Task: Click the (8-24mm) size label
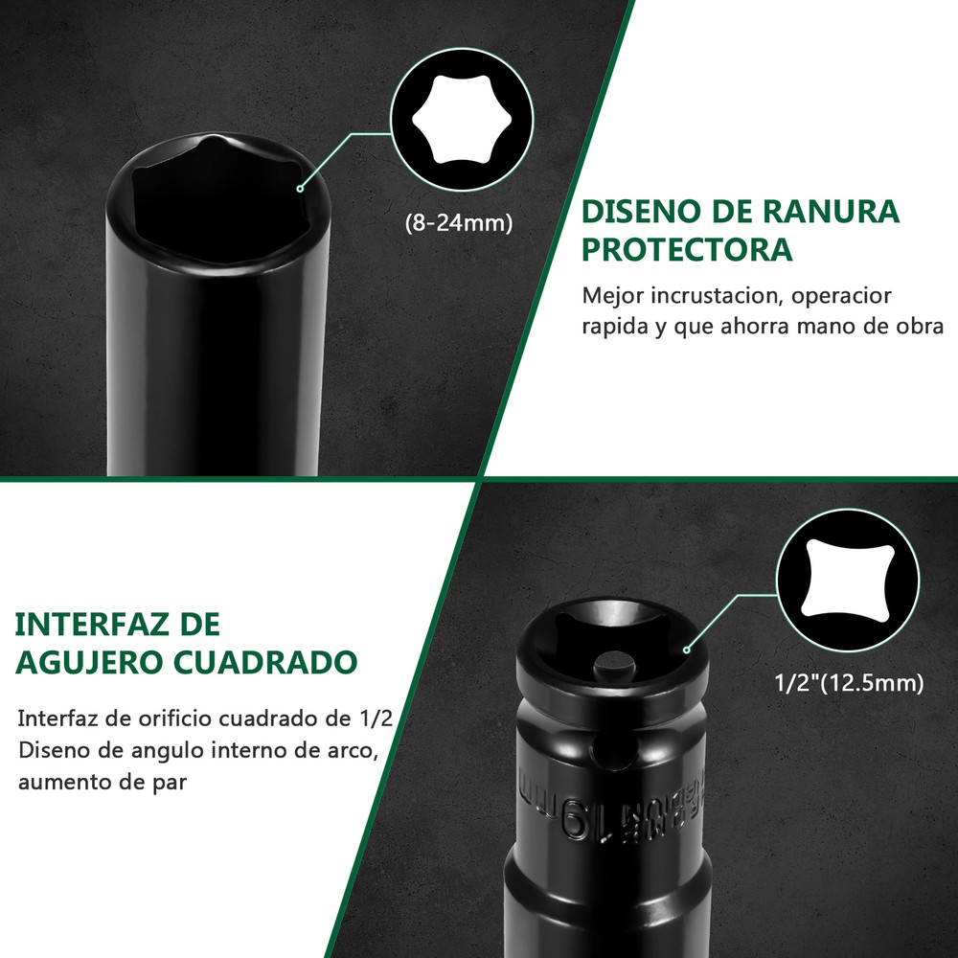pos(459,222)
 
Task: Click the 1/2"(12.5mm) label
pos(849,683)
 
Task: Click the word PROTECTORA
pos(688,249)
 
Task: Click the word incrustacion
pos(713,295)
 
